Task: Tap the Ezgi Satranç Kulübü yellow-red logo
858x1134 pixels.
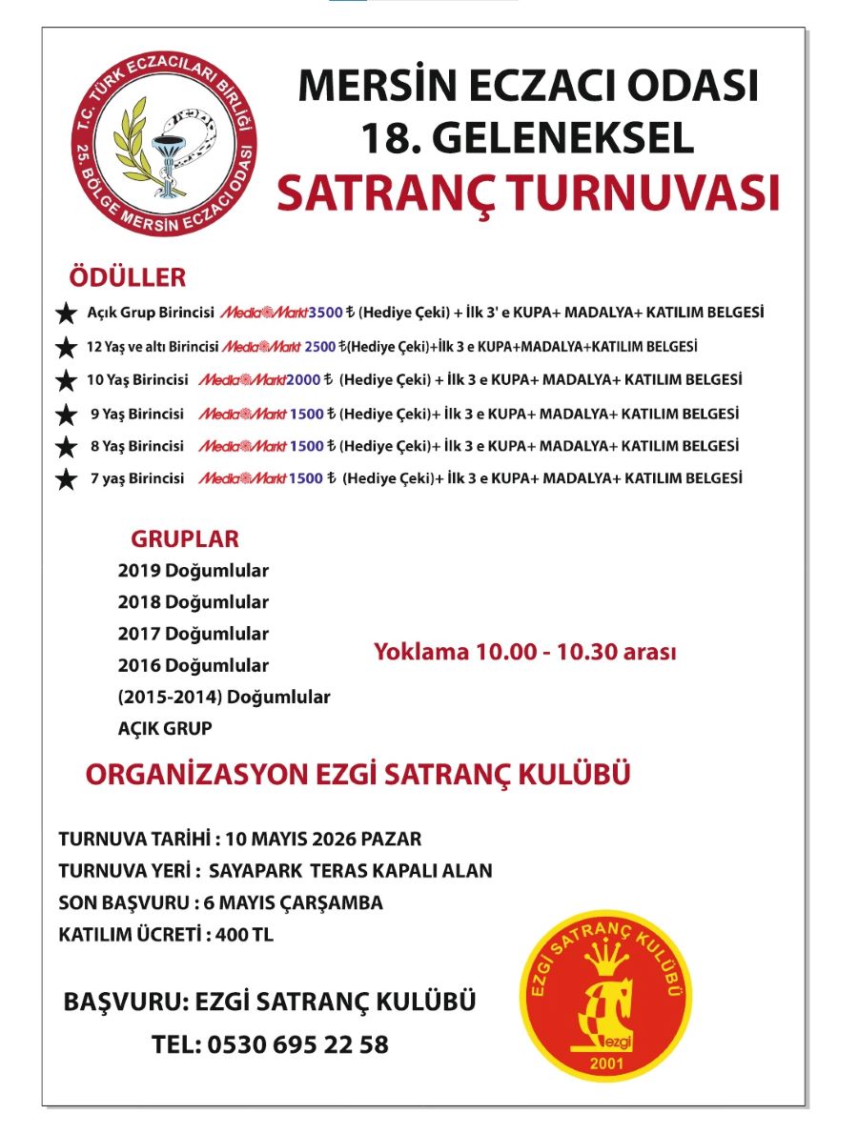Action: pyautogui.click(x=606, y=1000)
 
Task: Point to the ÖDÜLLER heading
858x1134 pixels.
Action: pyautogui.click(x=128, y=278)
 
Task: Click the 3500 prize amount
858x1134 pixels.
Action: pyautogui.click(x=338, y=313)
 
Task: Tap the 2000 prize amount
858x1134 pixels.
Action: pyautogui.click(x=302, y=380)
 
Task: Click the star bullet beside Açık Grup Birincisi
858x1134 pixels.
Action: pyautogui.click(x=66, y=314)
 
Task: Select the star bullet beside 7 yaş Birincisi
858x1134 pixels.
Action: pyautogui.click(x=66, y=479)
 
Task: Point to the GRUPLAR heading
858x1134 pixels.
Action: pyautogui.click(x=185, y=538)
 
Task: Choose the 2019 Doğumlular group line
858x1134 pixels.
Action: pyautogui.click(x=194, y=572)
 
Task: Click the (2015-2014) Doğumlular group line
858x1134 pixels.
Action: pyautogui.click(x=224, y=697)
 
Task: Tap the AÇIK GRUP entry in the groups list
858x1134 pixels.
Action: pyautogui.click(x=165, y=728)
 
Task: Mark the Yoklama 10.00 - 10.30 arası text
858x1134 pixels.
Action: pyautogui.click(x=524, y=653)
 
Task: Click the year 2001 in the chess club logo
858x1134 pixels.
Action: pyautogui.click(x=605, y=1063)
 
